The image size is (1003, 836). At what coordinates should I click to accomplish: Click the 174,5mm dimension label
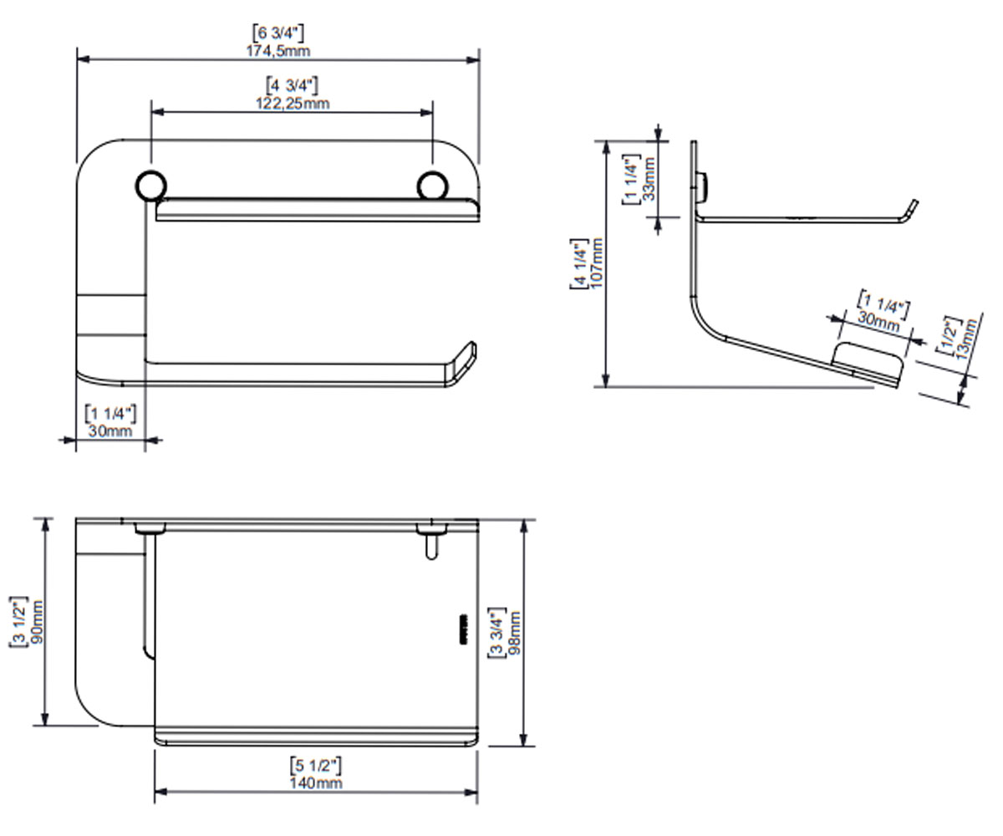278,50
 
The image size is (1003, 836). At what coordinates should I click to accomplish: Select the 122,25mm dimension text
293,104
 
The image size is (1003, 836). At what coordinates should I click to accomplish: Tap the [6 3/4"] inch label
278,33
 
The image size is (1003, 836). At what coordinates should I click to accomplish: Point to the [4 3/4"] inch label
292,85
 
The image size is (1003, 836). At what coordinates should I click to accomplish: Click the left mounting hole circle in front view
150,186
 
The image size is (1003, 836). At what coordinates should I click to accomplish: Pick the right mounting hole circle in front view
432,186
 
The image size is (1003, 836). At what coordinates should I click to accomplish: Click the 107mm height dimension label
596,263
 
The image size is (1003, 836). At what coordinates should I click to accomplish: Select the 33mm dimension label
649,179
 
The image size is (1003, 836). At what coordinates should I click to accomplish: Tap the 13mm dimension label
966,339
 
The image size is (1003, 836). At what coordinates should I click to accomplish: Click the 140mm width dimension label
316,783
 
